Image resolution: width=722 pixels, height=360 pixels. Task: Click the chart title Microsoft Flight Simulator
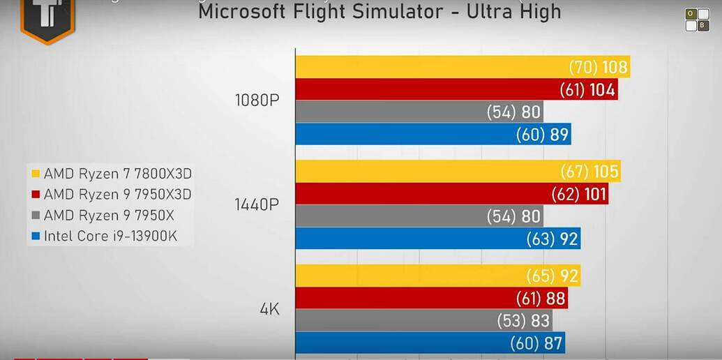[x=379, y=12]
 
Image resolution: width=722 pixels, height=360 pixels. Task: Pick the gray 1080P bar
[x=419, y=112]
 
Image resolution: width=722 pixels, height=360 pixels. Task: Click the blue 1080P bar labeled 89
[x=433, y=134]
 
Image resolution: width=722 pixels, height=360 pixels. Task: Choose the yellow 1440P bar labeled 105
[x=458, y=172]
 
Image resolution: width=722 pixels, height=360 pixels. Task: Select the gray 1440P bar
[x=419, y=216]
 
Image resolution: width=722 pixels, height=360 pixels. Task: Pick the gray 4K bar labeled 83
[x=423, y=321]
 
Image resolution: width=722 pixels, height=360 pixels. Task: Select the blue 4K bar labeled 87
[x=429, y=343]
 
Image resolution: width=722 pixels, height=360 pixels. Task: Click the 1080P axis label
[x=257, y=100]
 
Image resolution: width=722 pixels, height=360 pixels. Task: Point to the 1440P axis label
[x=257, y=204]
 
